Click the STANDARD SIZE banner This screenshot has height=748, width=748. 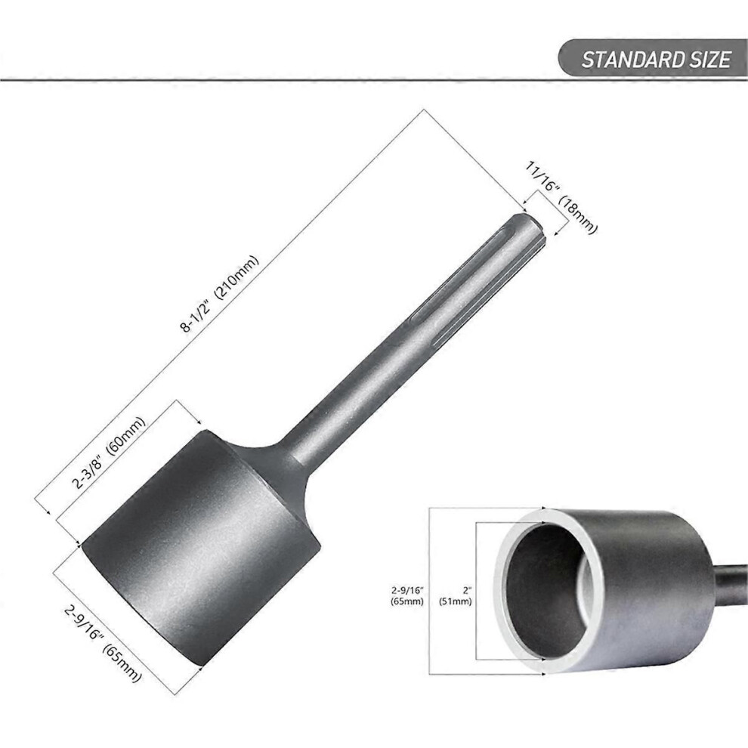[653, 57]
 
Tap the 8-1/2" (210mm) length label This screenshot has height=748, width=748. [221, 295]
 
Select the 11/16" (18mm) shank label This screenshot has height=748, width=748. [561, 197]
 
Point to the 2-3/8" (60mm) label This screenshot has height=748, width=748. [109, 453]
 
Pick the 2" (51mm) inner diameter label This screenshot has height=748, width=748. [455, 596]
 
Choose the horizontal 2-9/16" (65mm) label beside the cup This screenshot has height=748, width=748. [407, 596]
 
